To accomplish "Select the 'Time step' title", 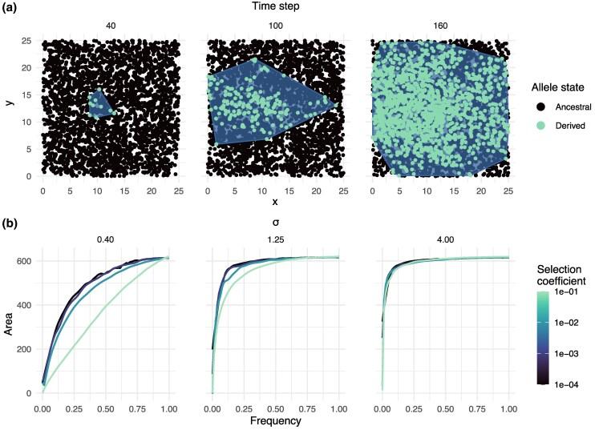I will pyautogui.click(x=274, y=7).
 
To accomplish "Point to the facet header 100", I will pyautogui.click(x=274, y=25).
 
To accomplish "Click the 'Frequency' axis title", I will pyautogui.click(x=274, y=420).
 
